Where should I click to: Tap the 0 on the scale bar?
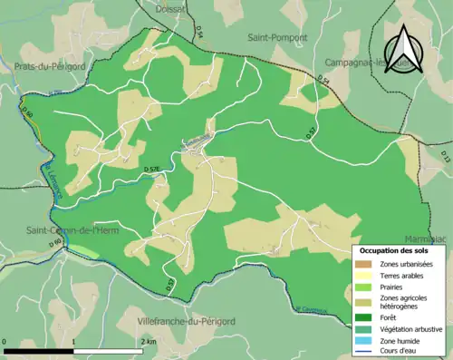tap(5, 341)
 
